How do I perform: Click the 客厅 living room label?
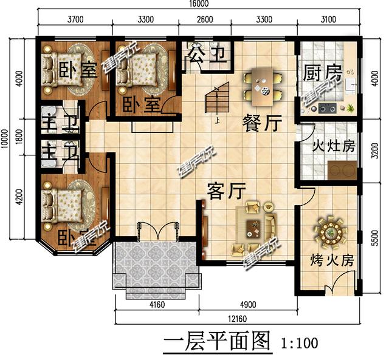click(x=225, y=191)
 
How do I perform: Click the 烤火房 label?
click(x=331, y=261)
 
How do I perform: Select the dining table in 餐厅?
click(x=264, y=85)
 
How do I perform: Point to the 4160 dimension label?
click(x=156, y=305)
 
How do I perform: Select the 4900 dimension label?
click(x=247, y=305)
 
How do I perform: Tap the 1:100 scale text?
click(x=300, y=343)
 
